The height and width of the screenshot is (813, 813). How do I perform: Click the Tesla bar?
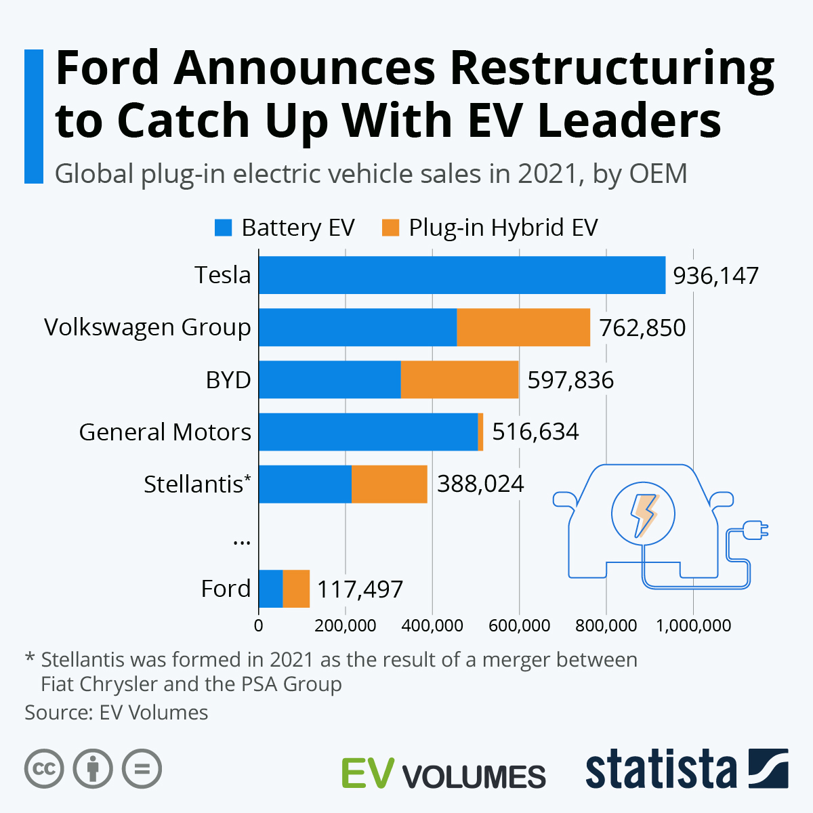pyautogui.click(x=461, y=275)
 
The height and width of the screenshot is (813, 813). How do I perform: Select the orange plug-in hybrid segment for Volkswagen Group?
pyautogui.click(x=523, y=327)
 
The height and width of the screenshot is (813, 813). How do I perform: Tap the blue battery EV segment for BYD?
pyautogui.click(x=329, y=379)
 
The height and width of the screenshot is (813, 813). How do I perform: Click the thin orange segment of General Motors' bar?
pyautogui.click(x=480, y=432)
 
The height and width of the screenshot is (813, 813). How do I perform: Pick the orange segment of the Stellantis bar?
pyautogui.click(x=389, y=484)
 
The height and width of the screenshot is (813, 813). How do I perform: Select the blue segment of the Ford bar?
pyautogui.click(x=270, y=589)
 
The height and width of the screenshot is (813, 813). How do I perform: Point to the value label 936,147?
pyautogui.click(x=715, y=276)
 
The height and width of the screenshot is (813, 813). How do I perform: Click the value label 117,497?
pyautogui.click(x=360, y=589)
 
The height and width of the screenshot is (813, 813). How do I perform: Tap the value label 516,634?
pyautogui.click(x=535, y=432)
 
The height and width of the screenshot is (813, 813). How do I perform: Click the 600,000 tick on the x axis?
pyautogui.click(x=519, y=625)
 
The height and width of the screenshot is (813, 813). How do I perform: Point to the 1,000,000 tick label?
pyautogui.click(x=693, y=625)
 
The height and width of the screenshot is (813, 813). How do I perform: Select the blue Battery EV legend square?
pyautogui.click(x=223, y=228)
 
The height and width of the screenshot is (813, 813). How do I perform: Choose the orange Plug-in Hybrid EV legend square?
pyautogui.click(x=390, y=228)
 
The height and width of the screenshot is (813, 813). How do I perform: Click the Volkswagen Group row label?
pyautogui.click(x=148, y=327)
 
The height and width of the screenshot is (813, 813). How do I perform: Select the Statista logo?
pyautogui.click(x=686, y=770)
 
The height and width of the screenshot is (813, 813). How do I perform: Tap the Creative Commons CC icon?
pyautogui.click(x=44, y=769)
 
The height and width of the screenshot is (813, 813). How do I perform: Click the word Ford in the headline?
pyautogui.click(x=107, y=68)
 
